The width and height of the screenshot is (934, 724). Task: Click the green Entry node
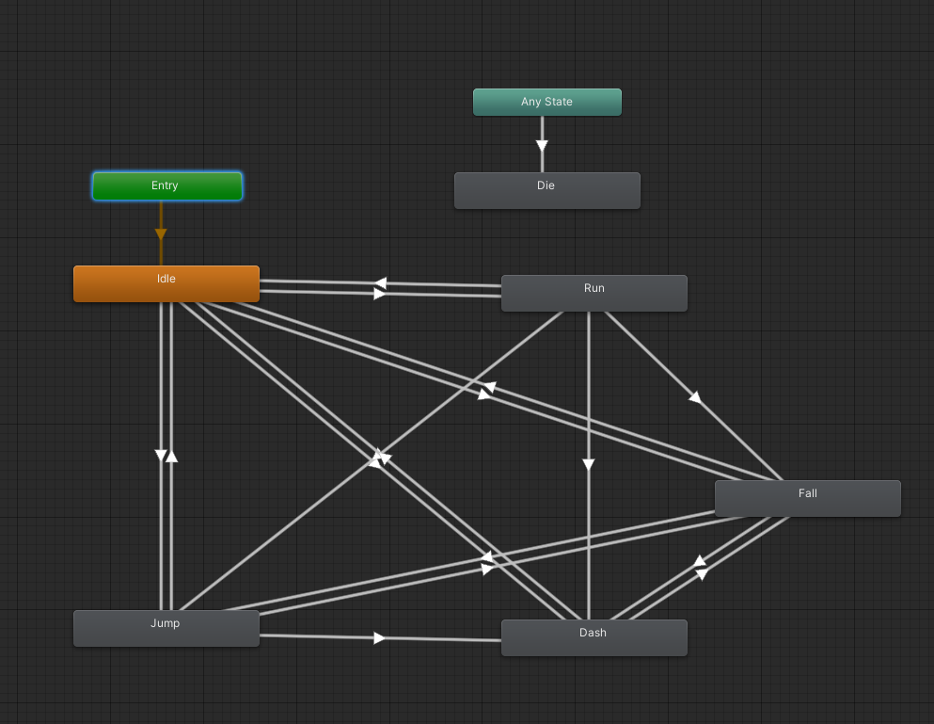167,186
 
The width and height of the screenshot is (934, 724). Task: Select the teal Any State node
546,102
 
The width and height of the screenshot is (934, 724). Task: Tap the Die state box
546,191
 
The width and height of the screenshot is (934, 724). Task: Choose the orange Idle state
166,284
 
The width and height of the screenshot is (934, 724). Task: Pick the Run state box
594,294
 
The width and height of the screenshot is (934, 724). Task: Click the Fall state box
808,499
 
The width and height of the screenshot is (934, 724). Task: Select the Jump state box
166,629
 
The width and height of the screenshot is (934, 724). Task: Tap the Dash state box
594,638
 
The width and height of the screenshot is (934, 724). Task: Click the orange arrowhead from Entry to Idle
161,233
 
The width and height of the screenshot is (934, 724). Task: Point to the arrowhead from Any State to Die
542,146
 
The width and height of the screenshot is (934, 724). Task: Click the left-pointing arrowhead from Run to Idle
380,283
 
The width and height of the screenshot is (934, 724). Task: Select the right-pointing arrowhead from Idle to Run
379,294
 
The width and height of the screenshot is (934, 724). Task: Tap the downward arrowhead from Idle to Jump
161,456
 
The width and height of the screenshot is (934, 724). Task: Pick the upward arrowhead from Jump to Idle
171,457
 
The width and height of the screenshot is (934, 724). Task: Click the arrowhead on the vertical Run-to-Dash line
589,464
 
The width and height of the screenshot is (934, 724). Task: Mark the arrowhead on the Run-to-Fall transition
695,397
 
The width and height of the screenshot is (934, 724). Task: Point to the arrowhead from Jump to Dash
379,638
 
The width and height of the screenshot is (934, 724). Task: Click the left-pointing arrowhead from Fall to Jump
487,557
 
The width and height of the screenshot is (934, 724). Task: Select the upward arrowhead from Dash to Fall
700,560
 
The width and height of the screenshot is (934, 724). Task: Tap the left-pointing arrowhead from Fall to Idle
488,388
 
